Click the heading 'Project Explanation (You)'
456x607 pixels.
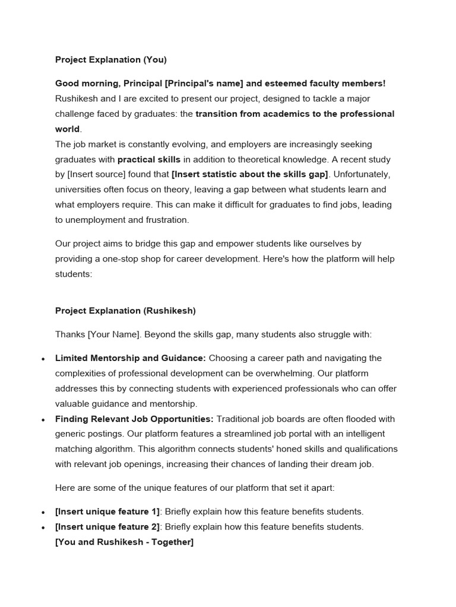tap(111, 59)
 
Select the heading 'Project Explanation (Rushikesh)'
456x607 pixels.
tap(125, 311)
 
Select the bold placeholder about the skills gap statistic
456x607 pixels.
tap(249, 174)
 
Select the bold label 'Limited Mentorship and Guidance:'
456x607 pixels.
tap(131, 359)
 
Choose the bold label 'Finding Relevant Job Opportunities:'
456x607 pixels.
tap(134, 419)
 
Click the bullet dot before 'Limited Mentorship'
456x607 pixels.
tap(43, 359)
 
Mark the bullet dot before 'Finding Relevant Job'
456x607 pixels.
tap(43, 420)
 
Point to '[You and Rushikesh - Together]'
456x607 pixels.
tap(124, 542)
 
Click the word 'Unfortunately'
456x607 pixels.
tap(362, 174)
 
